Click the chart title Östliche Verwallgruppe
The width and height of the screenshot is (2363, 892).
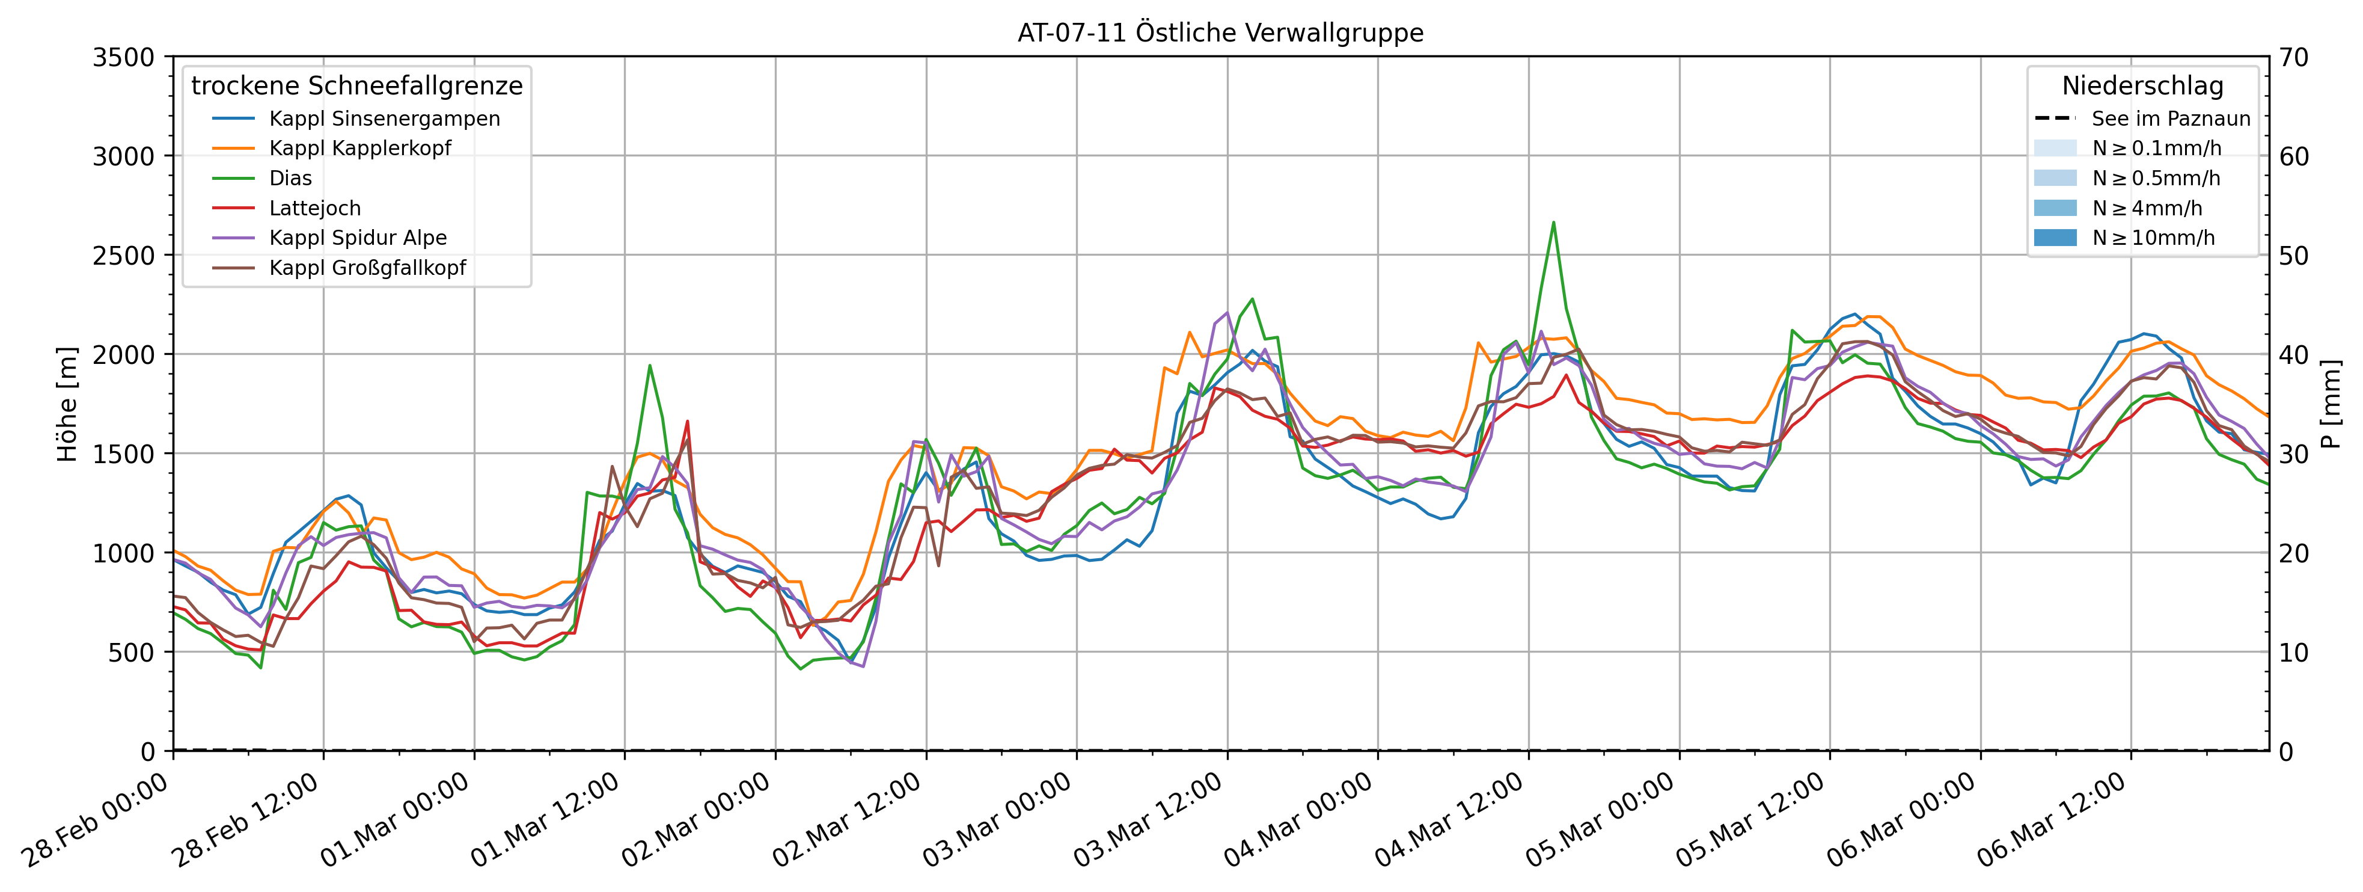pyautogui.click(x=1220, y=33)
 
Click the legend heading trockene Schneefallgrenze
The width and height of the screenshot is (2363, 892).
pyautogui.click(x=357, y=86)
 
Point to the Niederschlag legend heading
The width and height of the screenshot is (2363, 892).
pyautogui.click(x=2143, y=86)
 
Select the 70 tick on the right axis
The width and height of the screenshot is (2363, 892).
pyautogui.click(x=2294, y=58)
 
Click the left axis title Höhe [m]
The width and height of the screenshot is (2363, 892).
pyautogui.click(x=67, y=404)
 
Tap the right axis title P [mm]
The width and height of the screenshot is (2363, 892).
pyautogui.click(x=2330, y=404)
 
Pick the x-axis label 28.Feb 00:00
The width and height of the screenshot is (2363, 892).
pyautogui.click(x=96, y=819)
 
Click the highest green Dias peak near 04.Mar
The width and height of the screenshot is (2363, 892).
pyautogui.click(x=1553, y=222)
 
